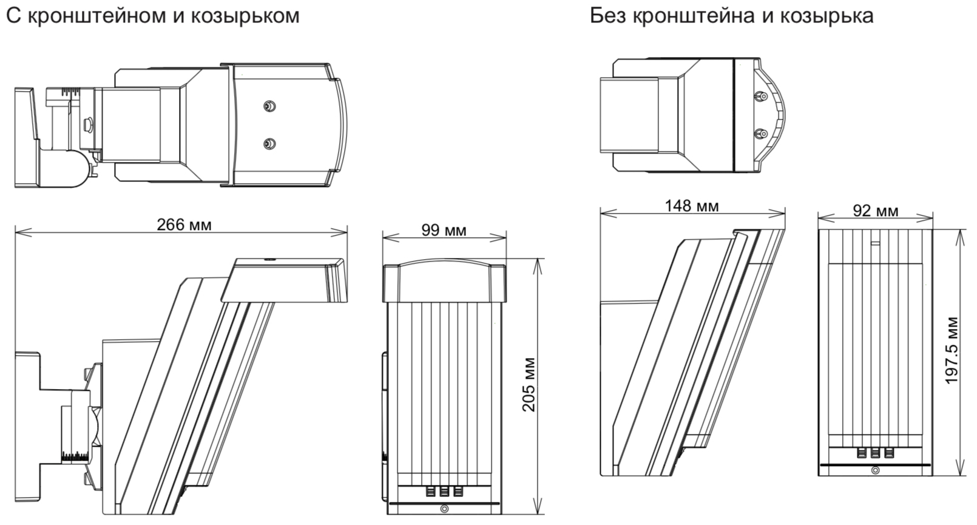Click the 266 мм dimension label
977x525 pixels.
pos(184,225)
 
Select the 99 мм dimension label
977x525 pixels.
pos(444,230)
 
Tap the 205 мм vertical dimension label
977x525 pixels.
pos(529,384)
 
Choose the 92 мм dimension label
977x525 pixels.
pos(875,211)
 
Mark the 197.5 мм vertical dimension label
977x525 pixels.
pos(952,350)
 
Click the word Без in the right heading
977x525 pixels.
pos(608,15)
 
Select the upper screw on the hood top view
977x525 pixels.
pos(269,107)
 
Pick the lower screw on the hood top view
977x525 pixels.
pos(269,143)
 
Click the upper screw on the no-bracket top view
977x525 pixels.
pos(759,96)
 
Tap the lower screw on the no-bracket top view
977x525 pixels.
pos(759,133)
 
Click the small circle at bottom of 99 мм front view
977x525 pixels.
pos(444,510)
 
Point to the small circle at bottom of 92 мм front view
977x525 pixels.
pos(874,470)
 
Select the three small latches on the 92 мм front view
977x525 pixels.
pos(874,453)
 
